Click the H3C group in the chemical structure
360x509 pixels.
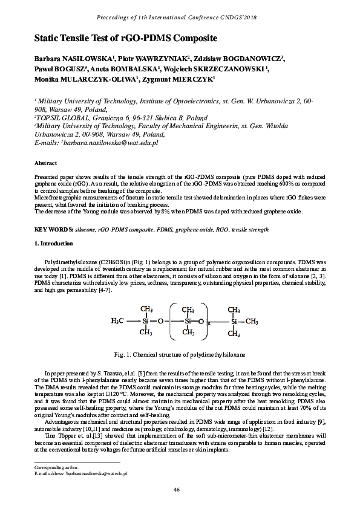click(x=118, y=321)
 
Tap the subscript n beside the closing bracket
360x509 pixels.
click(x=209, y=324)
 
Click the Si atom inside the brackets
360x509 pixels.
click(x=188, y=321)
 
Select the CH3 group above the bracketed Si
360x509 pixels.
click(x=188, y=309)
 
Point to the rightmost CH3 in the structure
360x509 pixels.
click(x=251, y=321)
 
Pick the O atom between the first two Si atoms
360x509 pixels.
click(x=160, y=321)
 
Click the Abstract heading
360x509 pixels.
click(x=45, y=163)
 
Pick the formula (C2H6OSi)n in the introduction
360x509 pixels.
click(x=91, y=261)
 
